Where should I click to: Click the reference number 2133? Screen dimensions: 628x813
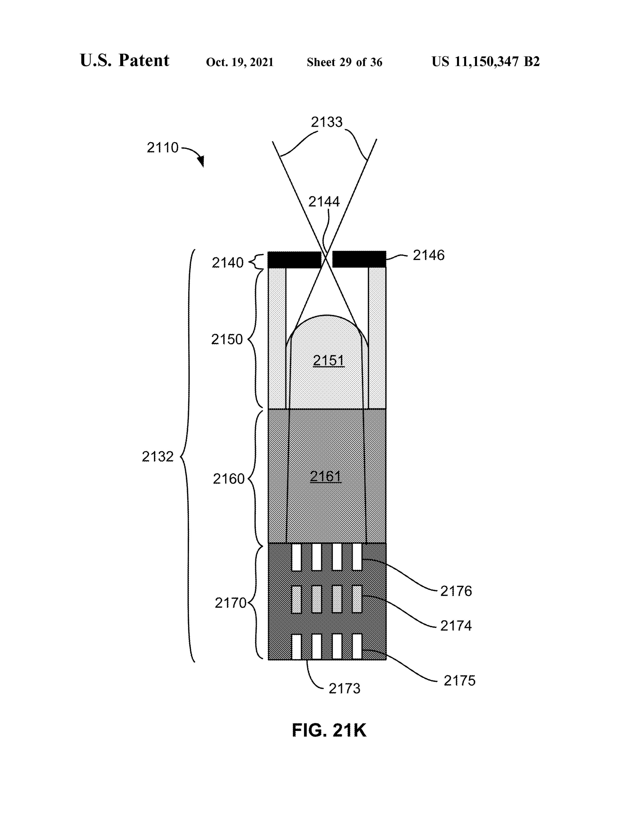(x=326, y=122)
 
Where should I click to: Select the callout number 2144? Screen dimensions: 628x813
(x=324, y=202)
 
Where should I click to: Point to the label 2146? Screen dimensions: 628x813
(x=429, y=255)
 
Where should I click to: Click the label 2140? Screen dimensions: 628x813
(x=227, y=263)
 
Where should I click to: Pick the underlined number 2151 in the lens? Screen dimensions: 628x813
(x=329, y=360)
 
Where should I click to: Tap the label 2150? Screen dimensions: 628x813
(x=227, y=339)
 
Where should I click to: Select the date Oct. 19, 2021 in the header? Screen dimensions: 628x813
(x=240, y=62)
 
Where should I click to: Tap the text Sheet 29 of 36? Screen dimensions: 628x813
(x=345, y=62)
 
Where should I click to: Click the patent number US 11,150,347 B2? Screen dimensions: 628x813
(x=485, y=61)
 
